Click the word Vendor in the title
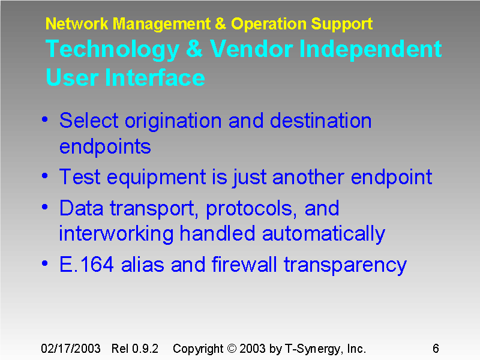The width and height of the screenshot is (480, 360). tap(250, 49)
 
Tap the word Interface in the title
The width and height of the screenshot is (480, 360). tap(155, 78)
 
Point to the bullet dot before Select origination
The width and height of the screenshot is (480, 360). tap(46, 120)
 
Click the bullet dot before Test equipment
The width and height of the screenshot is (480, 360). tap(46, 176)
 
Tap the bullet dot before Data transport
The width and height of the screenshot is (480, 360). tap(46, 208)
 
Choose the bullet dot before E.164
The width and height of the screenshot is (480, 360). tap(46, 264)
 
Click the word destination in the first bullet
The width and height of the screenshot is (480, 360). tap(320, 121)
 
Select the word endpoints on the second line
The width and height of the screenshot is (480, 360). tap(105, 146)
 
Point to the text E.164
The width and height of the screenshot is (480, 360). tap(87, 265)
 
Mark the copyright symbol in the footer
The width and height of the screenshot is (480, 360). tap(232, 349)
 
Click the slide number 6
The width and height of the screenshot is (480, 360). tap(436, 349)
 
